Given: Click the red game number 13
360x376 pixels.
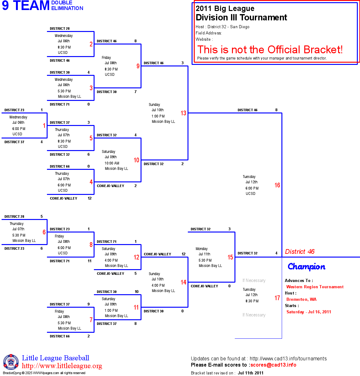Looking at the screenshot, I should (x=183, y=113).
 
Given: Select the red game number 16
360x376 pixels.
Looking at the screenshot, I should (x=277, y=185).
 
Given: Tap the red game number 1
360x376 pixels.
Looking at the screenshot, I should (x=44, y=126).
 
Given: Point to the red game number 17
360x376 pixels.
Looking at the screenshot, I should (x=277, y=298).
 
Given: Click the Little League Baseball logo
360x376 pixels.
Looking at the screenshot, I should (x=11, y=362).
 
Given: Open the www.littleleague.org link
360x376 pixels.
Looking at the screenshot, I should (x=62, y=366).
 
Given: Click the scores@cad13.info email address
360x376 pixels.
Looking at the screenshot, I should (x=273, y=365).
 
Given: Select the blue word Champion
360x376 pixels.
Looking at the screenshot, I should (x=306, y=267).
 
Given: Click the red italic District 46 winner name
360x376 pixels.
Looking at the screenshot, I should (x=300, y=252).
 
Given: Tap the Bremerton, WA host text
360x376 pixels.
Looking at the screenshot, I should (x=301, y=299).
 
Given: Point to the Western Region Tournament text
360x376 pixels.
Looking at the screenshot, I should (x=315, y=287).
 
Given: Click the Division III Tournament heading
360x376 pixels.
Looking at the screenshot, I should (x=241, y=18).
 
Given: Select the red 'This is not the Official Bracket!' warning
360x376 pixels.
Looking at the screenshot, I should (x=270, y=50).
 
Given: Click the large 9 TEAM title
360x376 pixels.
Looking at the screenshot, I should (x=26, y=6).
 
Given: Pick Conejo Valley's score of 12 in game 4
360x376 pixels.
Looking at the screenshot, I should (x=90, y=198).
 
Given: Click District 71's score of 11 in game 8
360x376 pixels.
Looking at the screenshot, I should (x=90, y=261).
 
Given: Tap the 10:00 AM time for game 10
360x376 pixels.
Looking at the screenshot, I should (x=112, y=163).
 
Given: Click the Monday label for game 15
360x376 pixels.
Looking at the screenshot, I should (x=202, y=249).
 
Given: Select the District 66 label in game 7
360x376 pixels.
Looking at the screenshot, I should (x=60, y=336).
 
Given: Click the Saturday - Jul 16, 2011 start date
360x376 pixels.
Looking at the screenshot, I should (x=309, y=312).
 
